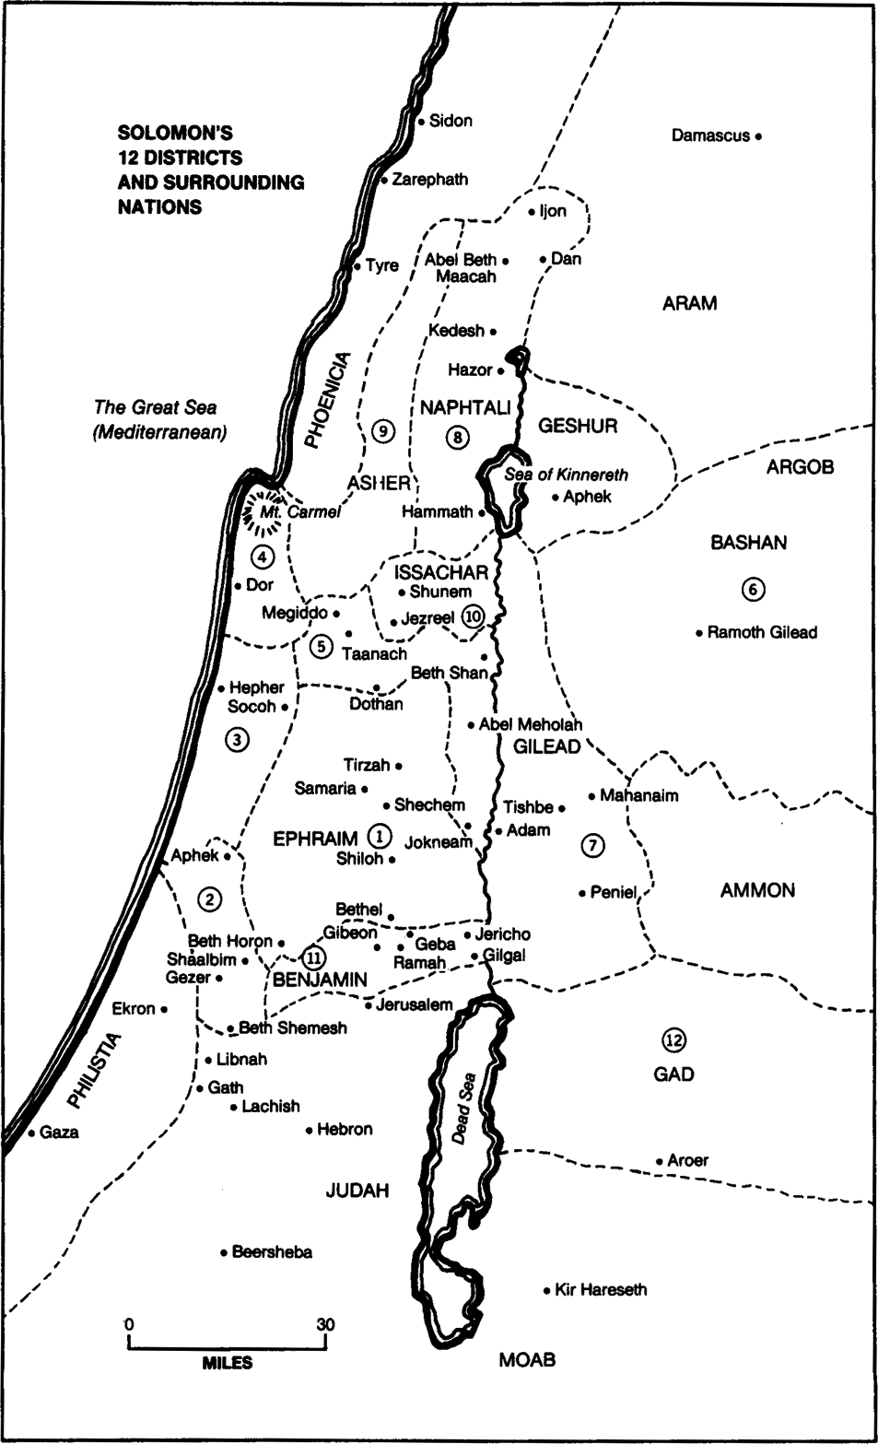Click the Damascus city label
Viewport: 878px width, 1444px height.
pos(709,136)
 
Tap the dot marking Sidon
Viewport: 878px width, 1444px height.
pos(421,121)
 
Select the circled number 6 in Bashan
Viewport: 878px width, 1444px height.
pos(755,590)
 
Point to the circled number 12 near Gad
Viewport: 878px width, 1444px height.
pos(673,1040)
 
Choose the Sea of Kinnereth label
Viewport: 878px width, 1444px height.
pos(566,475)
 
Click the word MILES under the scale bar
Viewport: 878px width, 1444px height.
pos(227,1363)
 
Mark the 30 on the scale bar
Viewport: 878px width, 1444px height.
pos(325,1324)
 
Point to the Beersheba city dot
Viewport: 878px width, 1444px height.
pos(224,1252)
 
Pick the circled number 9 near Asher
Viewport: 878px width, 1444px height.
pos(384,430)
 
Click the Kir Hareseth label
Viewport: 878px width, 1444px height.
pos(601,1289)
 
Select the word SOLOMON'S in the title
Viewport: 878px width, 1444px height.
pos(174,132)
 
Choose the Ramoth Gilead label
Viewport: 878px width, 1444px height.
pos(762,632)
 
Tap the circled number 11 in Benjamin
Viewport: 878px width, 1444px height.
pos(314,956)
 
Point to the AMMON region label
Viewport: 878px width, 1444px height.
pos(757,890)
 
